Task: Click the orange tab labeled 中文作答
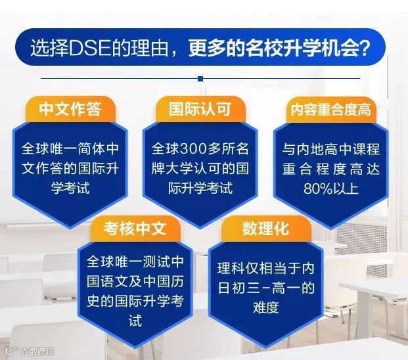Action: point(70,109)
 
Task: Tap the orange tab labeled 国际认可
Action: point(200,109)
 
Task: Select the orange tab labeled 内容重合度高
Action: point(331,110)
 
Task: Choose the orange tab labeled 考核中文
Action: point(135,229)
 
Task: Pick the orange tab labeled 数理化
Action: point(266,229)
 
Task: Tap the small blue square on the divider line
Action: point(200,79)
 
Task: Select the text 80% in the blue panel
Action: point(317,189)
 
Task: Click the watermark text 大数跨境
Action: point(37,351)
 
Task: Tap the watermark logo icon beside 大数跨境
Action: point(12,351)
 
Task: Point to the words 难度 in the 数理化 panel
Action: point(266,307)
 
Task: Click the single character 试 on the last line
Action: point(135,320)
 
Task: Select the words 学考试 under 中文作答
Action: point(70,188)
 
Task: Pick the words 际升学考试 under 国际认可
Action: point(200,188)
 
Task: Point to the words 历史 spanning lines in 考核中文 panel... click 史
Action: point(93,301)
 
